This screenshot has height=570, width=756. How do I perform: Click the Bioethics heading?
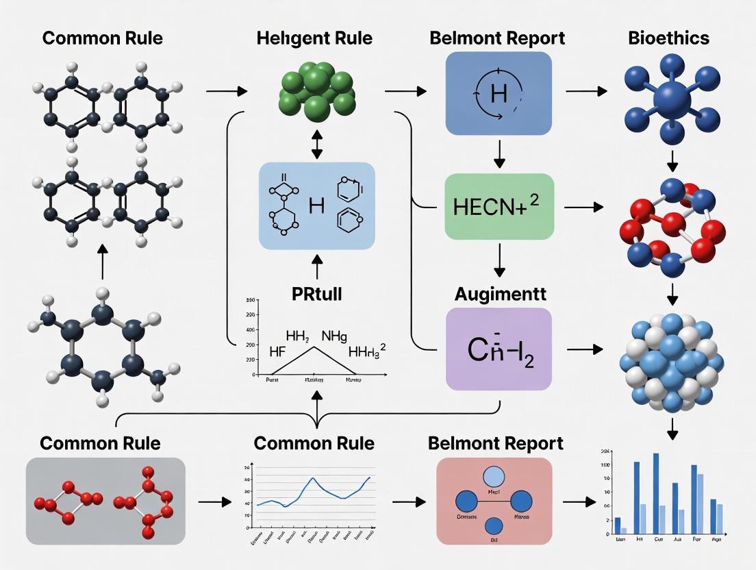click(668, 38)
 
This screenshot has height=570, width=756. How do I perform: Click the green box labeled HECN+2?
click(499, 206)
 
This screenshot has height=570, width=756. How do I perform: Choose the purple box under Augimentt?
click(499, 349)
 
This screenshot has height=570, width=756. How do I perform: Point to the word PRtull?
click(316, 295)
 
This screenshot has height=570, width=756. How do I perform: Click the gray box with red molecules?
click(105, 501)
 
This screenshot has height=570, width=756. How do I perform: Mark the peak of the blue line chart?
click(313, 478)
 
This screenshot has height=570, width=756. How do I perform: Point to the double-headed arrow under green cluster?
click(316, 145)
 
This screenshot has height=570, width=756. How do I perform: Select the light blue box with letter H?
click(316, 206)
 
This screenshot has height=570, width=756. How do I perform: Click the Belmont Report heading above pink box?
click(496, 443)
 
